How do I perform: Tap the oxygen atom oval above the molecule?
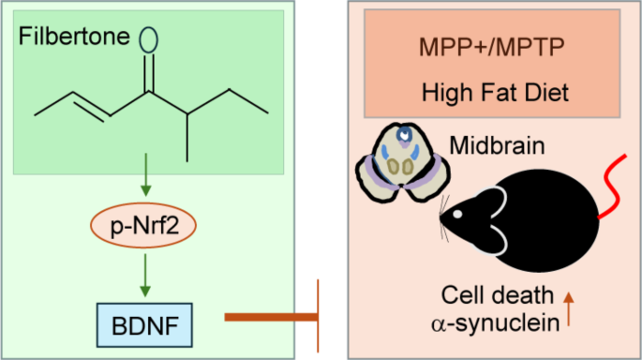[x=147, y=39]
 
